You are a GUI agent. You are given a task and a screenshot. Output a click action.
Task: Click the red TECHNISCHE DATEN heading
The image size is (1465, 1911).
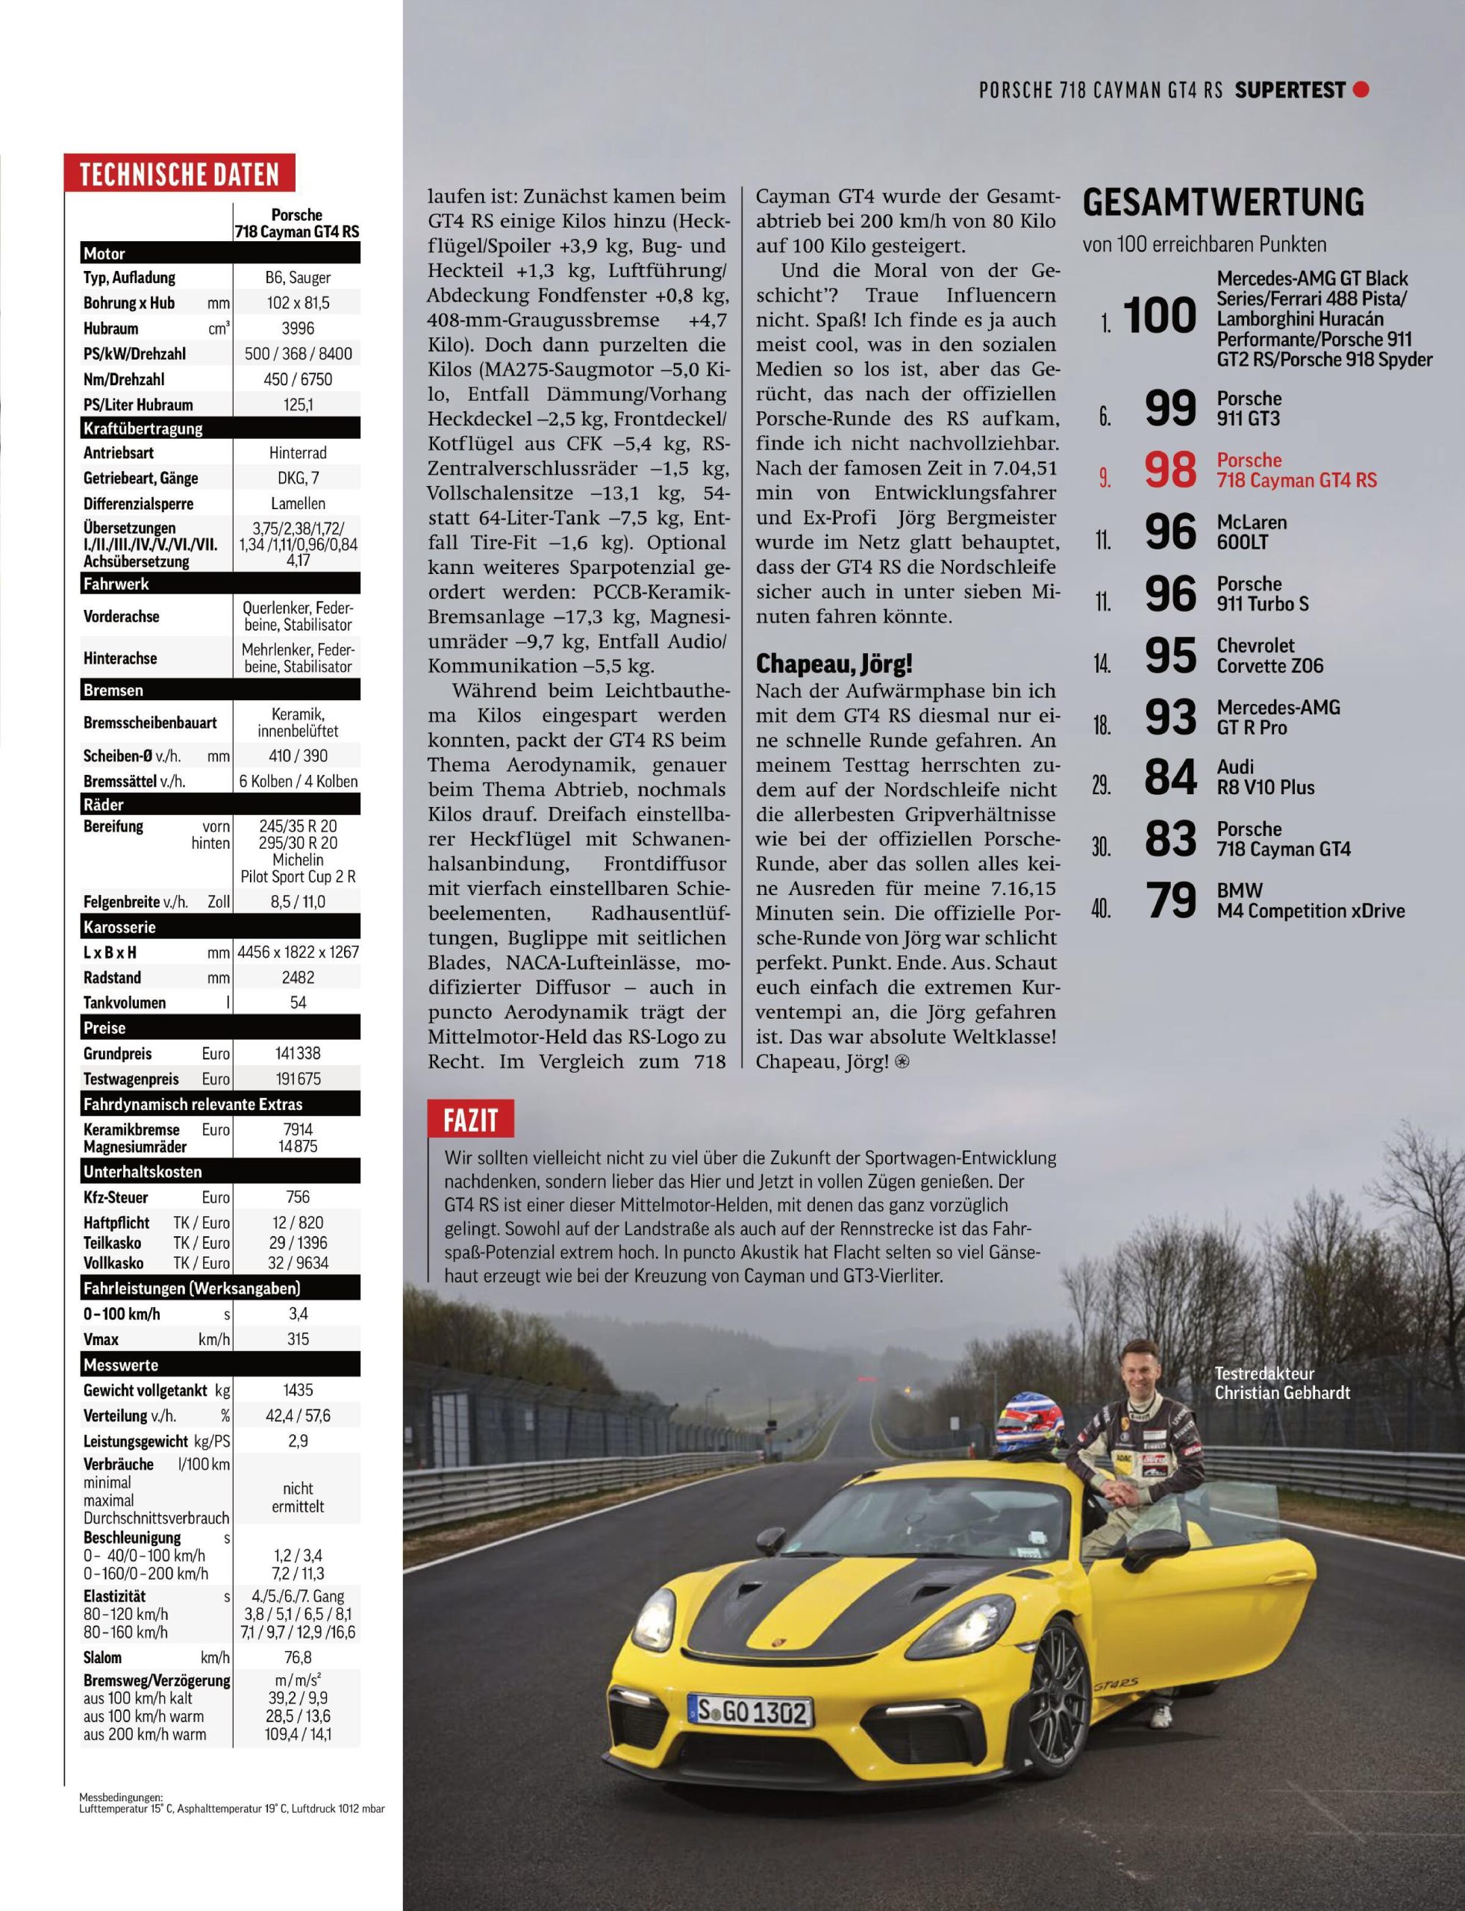coord(179,174)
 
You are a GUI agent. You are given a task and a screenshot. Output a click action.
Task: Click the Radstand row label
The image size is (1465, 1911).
coord(113,977)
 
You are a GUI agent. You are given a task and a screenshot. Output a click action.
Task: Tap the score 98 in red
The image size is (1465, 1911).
coord(1170,470)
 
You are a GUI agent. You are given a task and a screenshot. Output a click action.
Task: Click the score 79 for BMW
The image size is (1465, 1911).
coord(1170,901)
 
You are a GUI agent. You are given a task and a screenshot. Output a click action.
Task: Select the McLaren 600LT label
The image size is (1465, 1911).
coord(1252,532)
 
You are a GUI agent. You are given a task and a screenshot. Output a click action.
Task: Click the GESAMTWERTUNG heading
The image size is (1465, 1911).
coord(1222,202)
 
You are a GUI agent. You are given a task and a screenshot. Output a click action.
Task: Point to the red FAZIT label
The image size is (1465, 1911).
coord(471,1120)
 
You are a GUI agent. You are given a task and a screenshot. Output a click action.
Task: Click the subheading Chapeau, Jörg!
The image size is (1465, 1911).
coord(834,664)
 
